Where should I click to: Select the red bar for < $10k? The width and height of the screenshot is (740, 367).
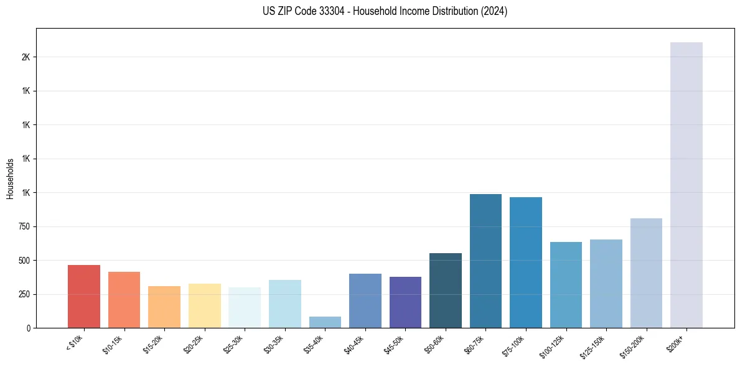point(84,296)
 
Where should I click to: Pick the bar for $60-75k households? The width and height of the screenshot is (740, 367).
point(485,261)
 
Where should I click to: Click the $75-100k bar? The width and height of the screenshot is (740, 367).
point(525,262)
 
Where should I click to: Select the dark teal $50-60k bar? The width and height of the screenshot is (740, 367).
point(445,290)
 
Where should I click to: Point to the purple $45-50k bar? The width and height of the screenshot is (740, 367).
point(405,302)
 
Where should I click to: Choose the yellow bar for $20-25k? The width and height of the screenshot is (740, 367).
point(204,305)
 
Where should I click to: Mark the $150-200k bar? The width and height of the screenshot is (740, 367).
point(646,273)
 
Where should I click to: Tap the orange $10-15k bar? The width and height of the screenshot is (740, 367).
point(124,300)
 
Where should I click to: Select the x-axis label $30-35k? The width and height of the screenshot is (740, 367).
point(276,344)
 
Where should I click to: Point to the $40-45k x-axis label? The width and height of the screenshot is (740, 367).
point(357,344)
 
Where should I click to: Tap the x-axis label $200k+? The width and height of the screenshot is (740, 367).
point(682,341)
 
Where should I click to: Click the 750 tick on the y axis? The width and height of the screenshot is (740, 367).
point(24,226)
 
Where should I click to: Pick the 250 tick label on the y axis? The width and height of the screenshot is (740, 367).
point(24,294)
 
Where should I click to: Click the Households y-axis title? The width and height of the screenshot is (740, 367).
point(10,179)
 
